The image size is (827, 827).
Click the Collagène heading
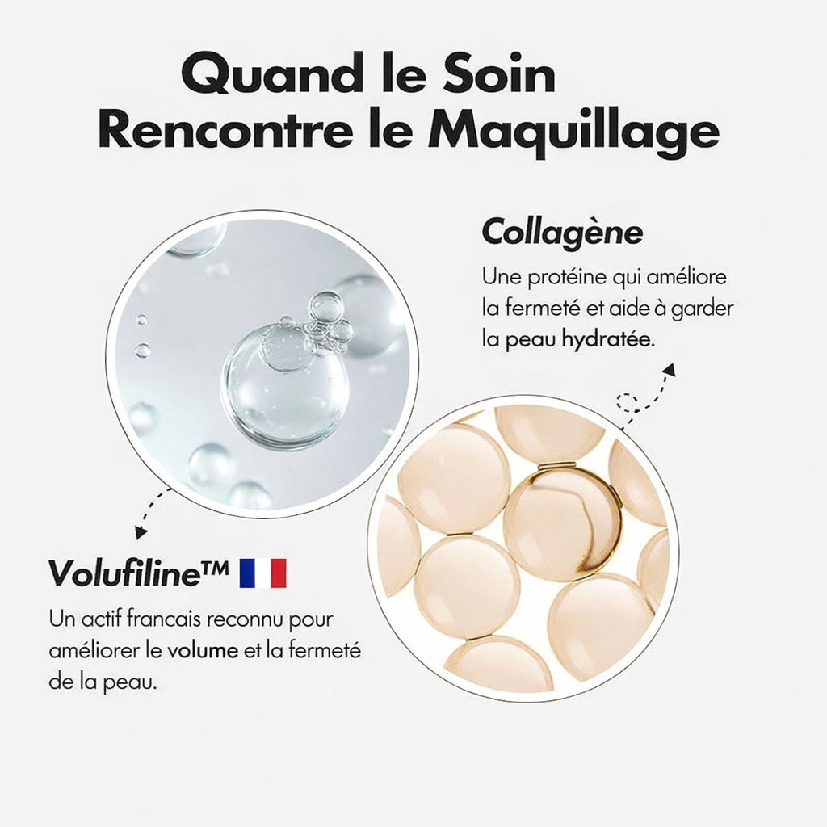[x=562, y=233]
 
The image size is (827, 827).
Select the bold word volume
[x=204, y=651]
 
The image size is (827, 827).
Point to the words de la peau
[x=103, y=682]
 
